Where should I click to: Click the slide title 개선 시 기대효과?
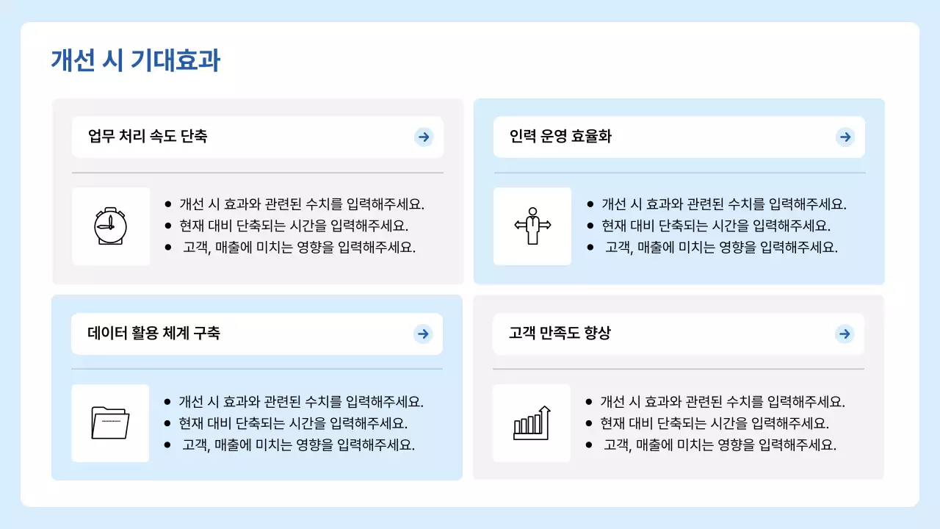135,60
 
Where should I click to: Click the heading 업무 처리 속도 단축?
148,137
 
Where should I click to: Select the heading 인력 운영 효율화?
560,137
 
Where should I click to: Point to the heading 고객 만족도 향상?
560,334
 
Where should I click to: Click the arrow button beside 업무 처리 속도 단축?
424,137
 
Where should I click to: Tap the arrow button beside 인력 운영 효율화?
845,137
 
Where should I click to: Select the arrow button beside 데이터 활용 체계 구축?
423,334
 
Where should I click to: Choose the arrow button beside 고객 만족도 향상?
845,334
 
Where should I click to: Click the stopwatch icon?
110,226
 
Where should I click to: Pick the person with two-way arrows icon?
532,226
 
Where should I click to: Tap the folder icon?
110,422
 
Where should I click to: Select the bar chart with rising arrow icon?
532,422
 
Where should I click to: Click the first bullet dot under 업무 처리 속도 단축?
168,204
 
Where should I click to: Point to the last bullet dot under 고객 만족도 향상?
589,445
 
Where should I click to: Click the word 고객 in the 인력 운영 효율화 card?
618,248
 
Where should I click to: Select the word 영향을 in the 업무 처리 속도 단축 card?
314,248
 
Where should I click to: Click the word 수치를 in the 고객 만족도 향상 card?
745,402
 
